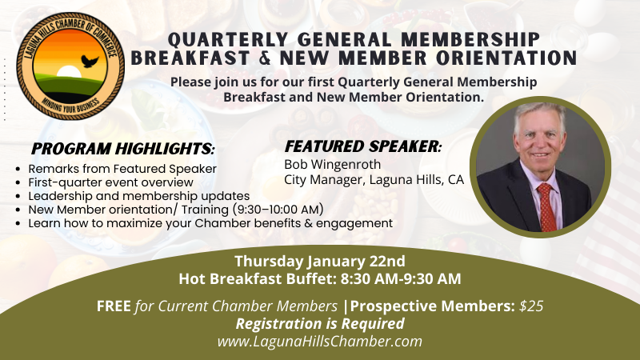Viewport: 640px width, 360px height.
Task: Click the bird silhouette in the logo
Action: pyautogui.click(x=90, y=61)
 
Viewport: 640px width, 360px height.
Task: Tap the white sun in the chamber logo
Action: pyautogui.click(x=69, y=71)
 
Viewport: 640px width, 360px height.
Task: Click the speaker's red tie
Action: pyautogui.click(x=546, y=206)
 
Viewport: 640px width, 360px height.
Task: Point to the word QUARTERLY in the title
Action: pyautogui.click(x=228, y=40)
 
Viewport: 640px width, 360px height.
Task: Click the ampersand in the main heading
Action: pyautogui.click(x=265, y=58)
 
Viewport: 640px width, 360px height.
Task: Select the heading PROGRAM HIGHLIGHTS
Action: pyautogui.click(x=123, y=149)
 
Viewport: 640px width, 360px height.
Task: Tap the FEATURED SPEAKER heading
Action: pyautogui.click(x=363, y=146)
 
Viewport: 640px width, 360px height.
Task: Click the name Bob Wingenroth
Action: pyautogui.click(x=332, y=164)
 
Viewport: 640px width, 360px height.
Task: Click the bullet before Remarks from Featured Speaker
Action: pyautogui.click(x=18, y=169)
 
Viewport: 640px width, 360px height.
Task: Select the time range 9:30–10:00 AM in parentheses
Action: pyautogui.click(x=278, y=210)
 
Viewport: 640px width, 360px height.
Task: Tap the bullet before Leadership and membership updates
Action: pyautogui.click(x=18, y=196)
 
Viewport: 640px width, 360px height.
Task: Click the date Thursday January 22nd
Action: pyautogui.click(x=319, y=262)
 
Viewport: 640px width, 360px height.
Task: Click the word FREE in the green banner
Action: pyautogui.click(x=114, y=306)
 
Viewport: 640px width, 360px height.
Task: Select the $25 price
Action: pyautogui.click(x=531, y=306)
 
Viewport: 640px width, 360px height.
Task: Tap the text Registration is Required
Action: pyautogui.click(x=320, y=324)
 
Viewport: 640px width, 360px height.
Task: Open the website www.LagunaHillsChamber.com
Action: pyautogui.click(x=319, y=342)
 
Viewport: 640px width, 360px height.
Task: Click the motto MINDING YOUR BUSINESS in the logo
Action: pyautogui.click(x=70, y=107)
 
